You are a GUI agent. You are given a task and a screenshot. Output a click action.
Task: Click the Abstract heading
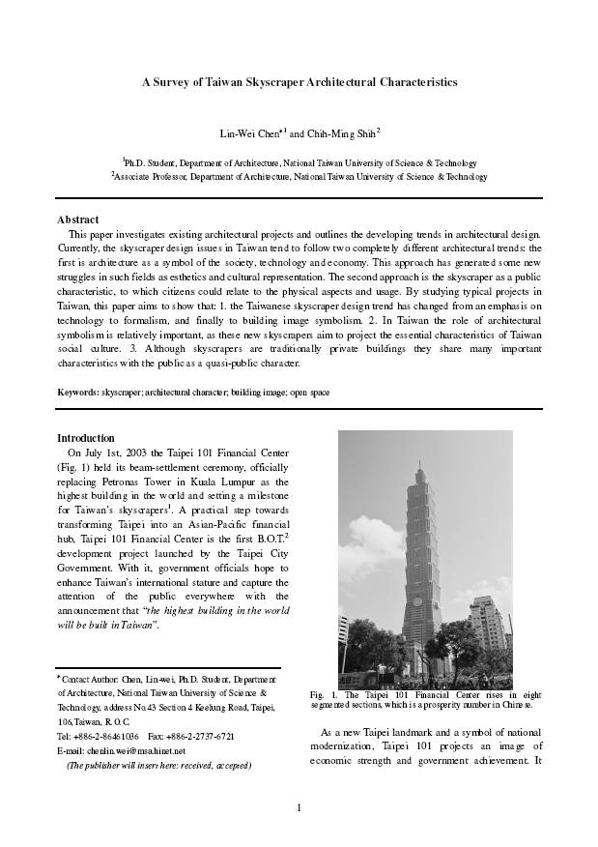[78, 219]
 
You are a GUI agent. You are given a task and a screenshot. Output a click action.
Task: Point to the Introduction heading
[86, 438]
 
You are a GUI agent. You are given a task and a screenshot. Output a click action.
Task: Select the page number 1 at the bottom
[299, 808]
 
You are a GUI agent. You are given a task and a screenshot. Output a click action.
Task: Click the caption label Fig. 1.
[323, 695]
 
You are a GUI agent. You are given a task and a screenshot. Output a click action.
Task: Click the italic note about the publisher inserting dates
[158, 765]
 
